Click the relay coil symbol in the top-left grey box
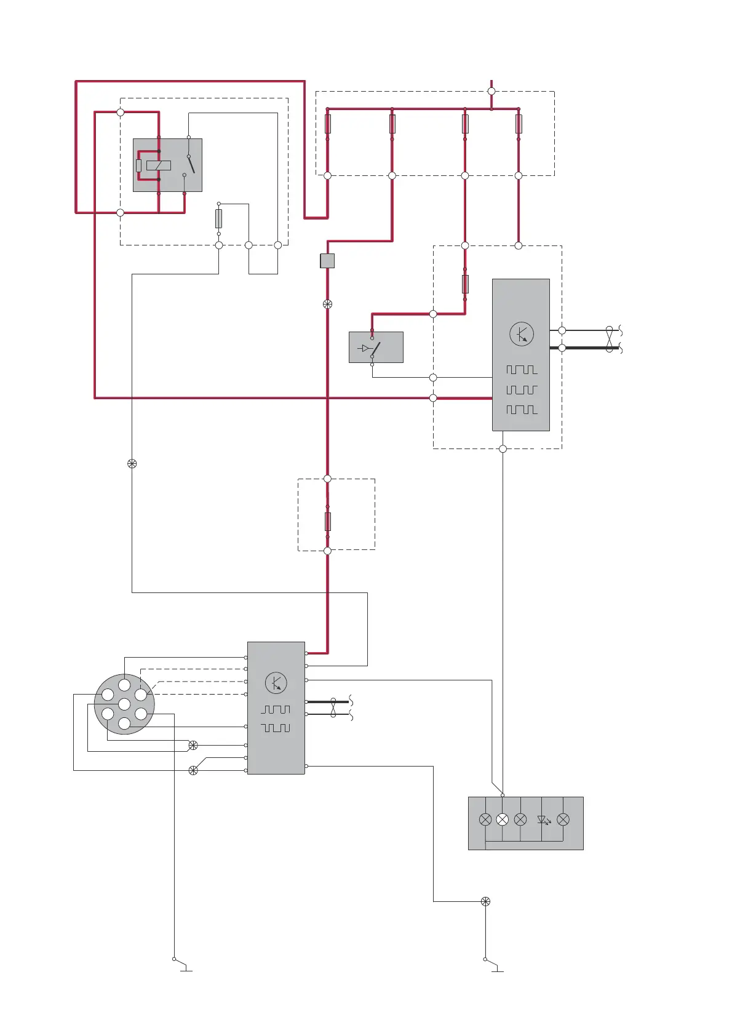159,165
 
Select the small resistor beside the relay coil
139,165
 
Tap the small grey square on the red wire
327,261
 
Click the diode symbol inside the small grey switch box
365,348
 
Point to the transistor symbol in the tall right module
522,334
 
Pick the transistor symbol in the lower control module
276,683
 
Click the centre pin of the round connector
124,704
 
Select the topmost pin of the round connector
124,685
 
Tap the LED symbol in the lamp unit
543,819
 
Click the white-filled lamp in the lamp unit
503,819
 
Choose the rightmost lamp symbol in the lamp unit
563,819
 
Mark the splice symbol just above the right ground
485,901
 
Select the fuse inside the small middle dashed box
327,521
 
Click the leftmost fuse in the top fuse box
327,124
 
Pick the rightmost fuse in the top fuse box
519,124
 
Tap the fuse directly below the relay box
218,218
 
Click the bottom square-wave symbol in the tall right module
522,410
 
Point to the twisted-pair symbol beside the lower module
333,707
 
